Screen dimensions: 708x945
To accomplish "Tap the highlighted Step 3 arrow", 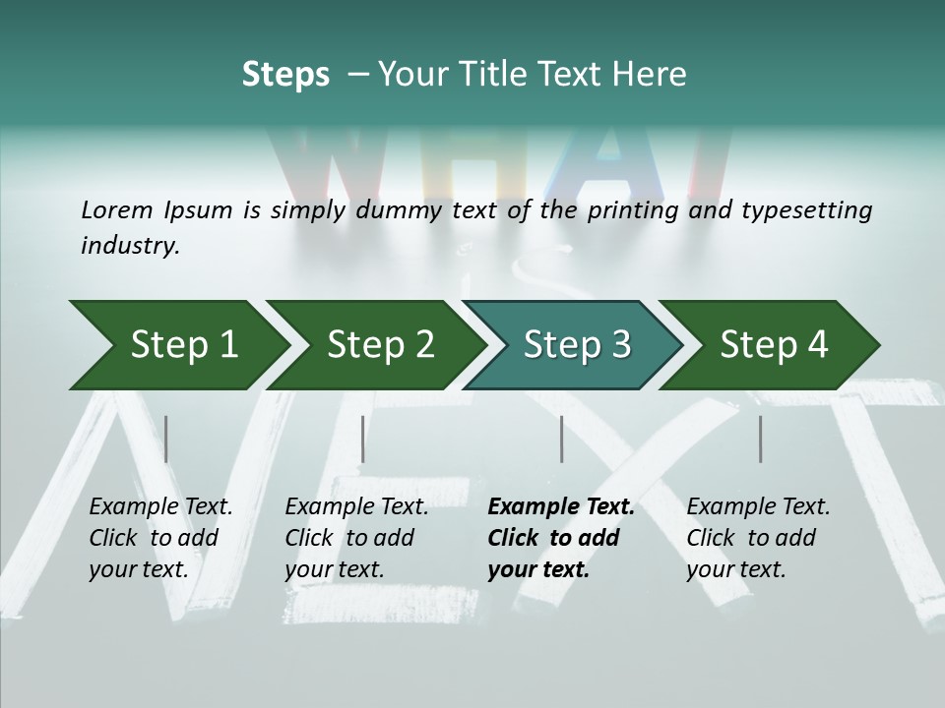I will (577, 345).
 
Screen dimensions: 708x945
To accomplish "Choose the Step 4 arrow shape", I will (774, 345).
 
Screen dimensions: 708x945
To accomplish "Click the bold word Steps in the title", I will (285, 75).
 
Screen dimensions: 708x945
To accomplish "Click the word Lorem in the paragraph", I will (117, 209).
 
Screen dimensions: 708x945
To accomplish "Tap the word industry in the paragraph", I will (130, 246).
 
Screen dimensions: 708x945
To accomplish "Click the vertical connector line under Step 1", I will (166, 439).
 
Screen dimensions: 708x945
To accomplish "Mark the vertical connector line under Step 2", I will (363, 439).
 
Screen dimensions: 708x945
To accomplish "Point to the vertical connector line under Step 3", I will (562, 439).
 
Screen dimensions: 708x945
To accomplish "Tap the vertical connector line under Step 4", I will (761, 439).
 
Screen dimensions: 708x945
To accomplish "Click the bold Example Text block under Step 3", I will (561, 538).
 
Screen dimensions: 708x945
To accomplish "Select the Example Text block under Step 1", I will (160, 538).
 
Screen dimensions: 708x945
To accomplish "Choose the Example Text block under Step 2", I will (356, 538).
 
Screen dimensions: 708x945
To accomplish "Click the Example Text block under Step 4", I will (758, 538).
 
